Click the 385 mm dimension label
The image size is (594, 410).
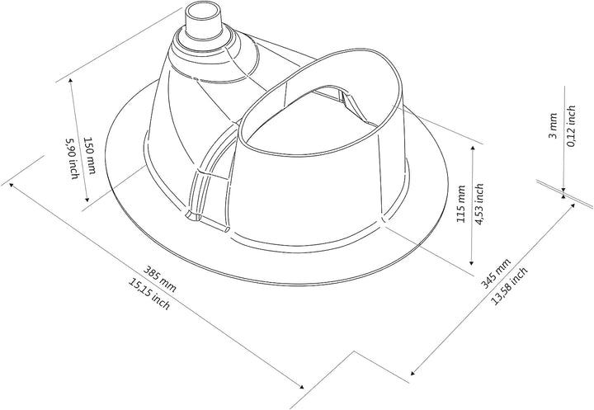pyautogui.click(x=159, y=280)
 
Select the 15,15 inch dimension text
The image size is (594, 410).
pyautogui.click(x=149, y=294)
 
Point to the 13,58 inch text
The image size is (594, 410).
pyautogui.click(x=509, y=286)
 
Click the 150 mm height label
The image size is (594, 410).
pyautogui.click(x=89, y=155)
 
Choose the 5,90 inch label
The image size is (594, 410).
pyautogui.click(x=72, y=158)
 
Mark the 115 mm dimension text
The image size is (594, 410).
pyautogui.click(x=460, y=204)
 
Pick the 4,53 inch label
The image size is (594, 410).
pyautogui.click(x=479, y=205)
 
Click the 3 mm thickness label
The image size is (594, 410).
pyautogui.click(x=553, y=125)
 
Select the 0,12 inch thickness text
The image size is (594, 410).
pyautogui.click(x=571, y=125)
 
